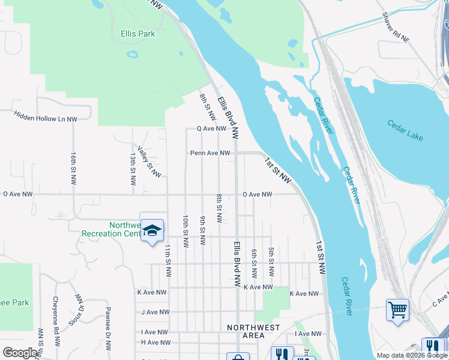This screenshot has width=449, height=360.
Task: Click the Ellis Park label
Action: tap(137, 34)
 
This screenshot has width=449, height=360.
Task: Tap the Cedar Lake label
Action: tap(405, 131)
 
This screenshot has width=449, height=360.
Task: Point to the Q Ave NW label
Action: tap(211, 128)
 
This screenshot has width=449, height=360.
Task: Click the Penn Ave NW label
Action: tap(210, 153)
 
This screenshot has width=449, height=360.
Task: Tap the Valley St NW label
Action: tap(149, 162)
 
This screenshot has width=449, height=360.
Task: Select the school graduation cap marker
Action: tap(152, 230)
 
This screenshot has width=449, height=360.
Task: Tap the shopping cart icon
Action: tap(397, 310)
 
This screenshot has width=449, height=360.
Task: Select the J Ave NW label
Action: tap(155, 312)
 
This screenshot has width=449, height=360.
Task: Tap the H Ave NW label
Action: tap(155, 343)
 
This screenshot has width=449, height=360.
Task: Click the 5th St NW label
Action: tap(271, 262)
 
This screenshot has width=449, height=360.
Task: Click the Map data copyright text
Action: tap(411, 355)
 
